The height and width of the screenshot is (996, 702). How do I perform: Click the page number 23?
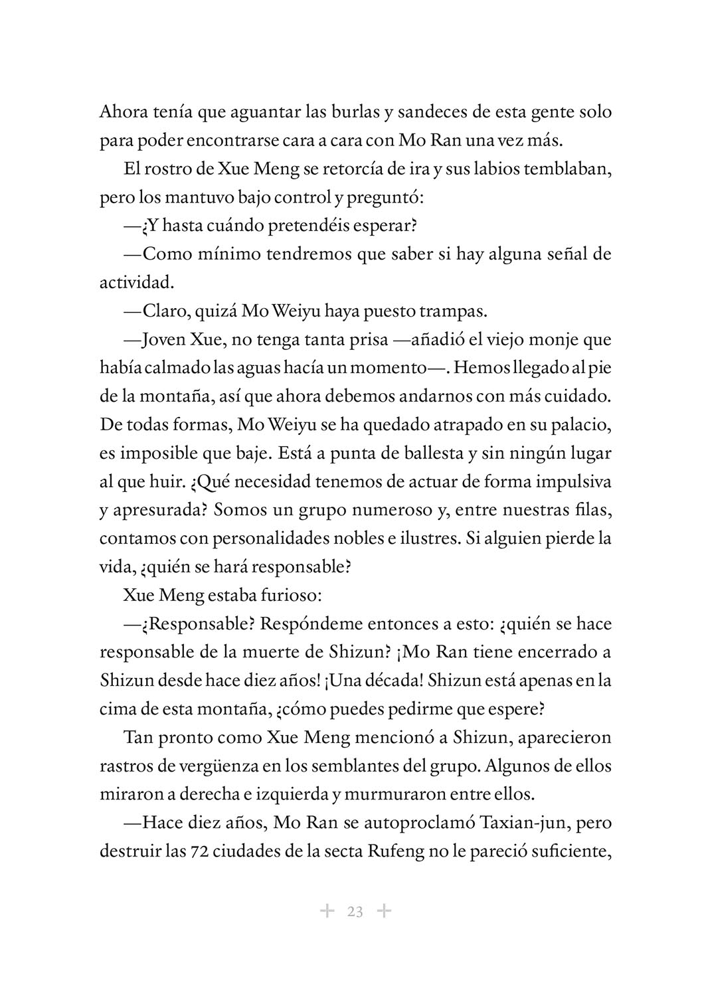point(355,912)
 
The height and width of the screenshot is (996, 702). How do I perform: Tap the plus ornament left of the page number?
point(327,911)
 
